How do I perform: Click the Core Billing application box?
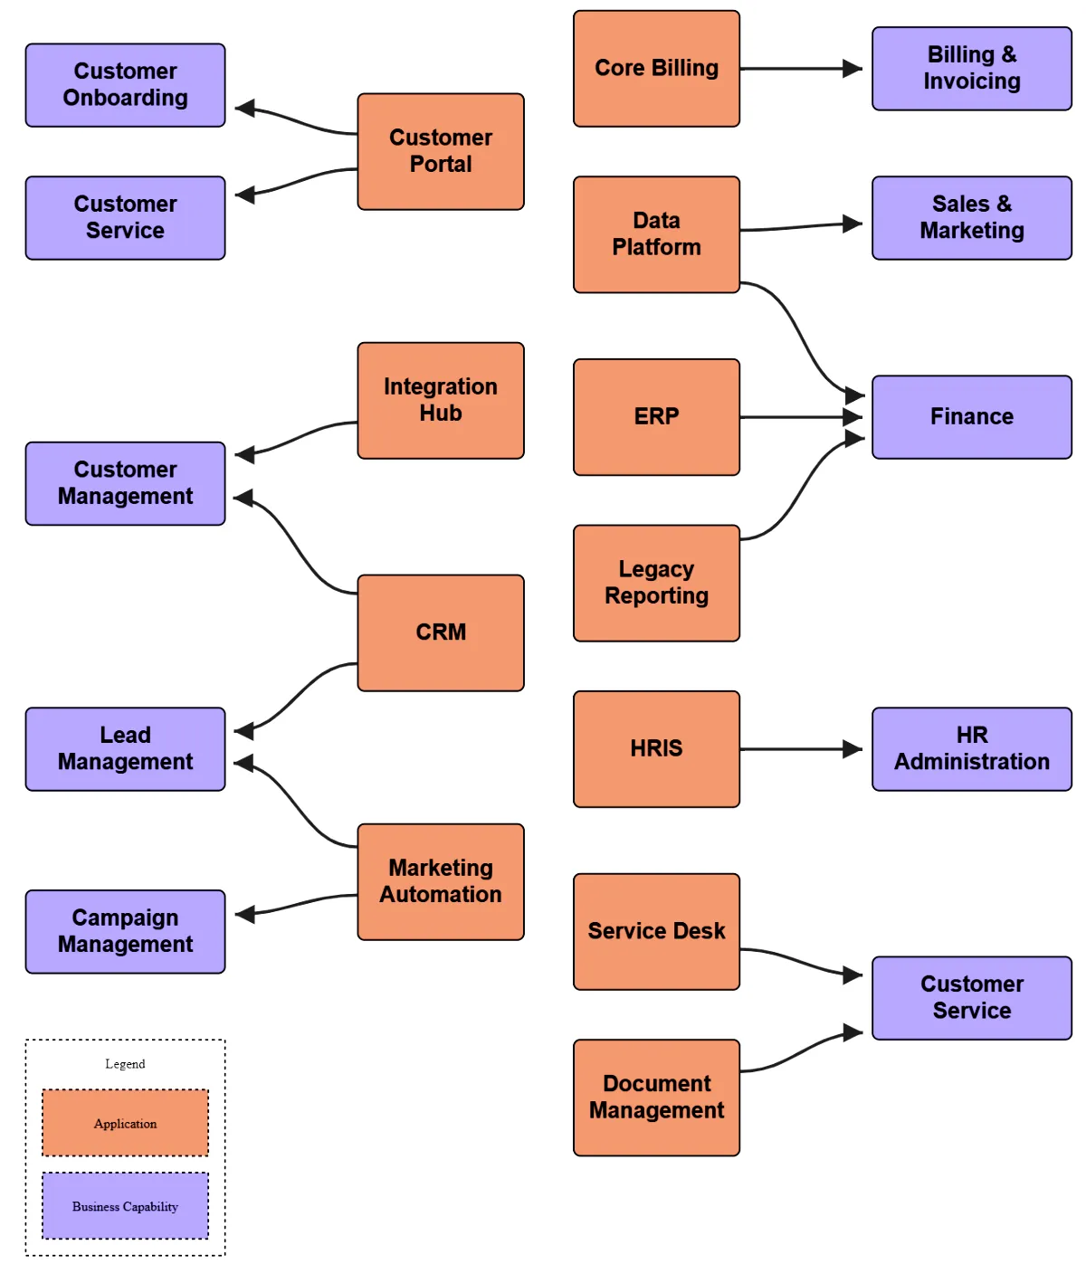[656, 69]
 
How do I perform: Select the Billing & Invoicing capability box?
[971, 69]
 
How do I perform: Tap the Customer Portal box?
[441, 151]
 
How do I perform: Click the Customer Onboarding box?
[125, 85]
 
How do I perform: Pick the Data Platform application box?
[656, 234]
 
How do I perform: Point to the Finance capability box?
[971, 417]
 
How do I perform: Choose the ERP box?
[656, 417]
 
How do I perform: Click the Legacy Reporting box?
[656, 583]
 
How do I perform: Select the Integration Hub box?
[441, 400]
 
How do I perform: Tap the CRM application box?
[441, 632]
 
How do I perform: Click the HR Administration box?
[971, 749]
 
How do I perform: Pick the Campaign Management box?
[125, 931]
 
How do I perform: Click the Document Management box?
[656, 1097]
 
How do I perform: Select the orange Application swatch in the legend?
[125, 1123]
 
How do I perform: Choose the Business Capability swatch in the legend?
[125, 1206]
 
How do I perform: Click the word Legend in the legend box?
[125, 1064]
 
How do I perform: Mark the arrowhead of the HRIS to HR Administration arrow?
[852, 749]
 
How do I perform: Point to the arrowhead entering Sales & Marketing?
[852, 223]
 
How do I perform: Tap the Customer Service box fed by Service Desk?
[971, 998]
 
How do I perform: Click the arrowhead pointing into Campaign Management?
[245, 915]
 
